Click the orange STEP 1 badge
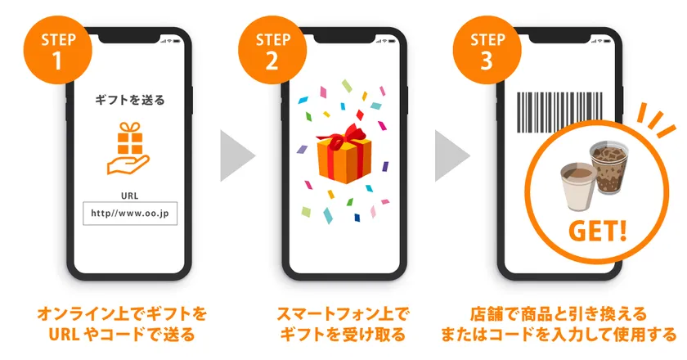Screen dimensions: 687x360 pyautogui.click(x=57, y=50)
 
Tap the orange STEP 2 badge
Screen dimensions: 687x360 pyautogui.click(x=272, y=50)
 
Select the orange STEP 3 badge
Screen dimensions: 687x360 pyautogui.click(x=487, y=50)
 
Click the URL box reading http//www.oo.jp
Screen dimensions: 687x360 pyautogui.click(x=130, y=214)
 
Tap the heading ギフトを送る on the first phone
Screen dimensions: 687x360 pyautogui.click(x=130, y=101)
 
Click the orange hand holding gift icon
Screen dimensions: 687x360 pyautogui.click(x=129, y=148)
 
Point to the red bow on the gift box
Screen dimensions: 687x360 pyautogui.click(x=345, y=136)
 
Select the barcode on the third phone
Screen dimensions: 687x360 pyautogui.click(x=560, y=112)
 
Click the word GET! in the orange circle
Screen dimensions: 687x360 pyautogui.click(x=598, y=230)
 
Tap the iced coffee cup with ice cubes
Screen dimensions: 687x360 pyautogui.click(x=609, y=167)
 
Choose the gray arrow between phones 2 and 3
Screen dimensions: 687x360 pyautogui.click(x=451, y=155)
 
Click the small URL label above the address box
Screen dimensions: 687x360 pyautogui.click(x=130, y=196)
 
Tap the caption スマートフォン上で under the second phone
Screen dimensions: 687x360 pyautogui.click(x=343, y=314)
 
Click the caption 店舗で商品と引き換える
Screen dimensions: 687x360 pyautogui.click(x=559, y=314)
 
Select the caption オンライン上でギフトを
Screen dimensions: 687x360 pyautogui.click(x=122, y=314)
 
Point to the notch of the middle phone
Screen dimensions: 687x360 pyautogui.click(x=344, y=38)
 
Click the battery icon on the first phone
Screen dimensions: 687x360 pyautogui.click(x=177, y=41)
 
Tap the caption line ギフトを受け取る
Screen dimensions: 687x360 pyautogui.click(x=343, y=335)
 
